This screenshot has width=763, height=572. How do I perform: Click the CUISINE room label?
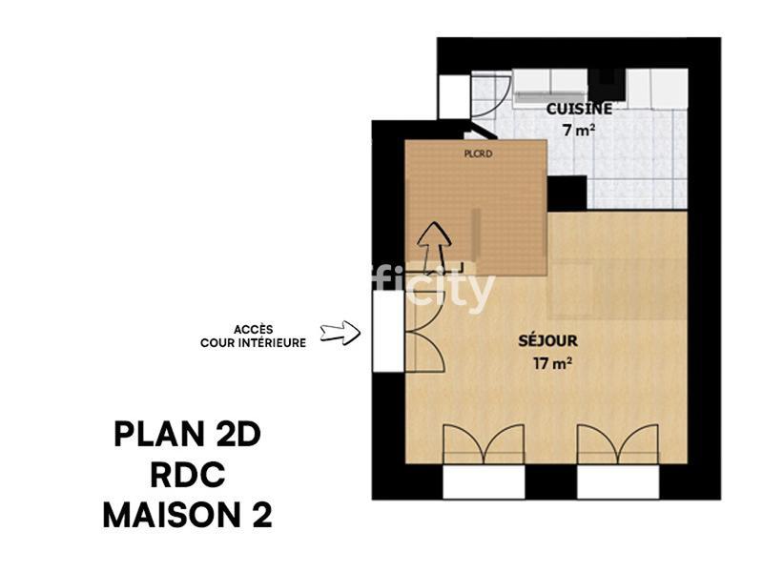pos(579,109)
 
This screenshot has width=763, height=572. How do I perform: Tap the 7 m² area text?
pos(579,131)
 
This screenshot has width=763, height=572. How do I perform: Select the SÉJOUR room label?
pos(547,339)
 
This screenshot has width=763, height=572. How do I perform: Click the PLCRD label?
pos(477,152)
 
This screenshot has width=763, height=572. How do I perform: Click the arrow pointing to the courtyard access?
pos(339,333)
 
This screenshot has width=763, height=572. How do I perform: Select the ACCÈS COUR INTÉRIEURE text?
pos(253,337)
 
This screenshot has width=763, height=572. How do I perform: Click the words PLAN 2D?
pos(187,435)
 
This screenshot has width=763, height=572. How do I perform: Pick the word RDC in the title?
pos(187,475)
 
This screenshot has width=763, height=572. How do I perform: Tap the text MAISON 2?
pos(187,516)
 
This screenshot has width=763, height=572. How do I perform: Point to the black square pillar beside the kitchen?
pos(567,194)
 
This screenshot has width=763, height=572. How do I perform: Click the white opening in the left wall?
pos(388,331)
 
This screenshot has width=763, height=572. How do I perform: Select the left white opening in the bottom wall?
pos(484,481)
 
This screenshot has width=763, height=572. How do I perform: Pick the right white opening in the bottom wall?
pos(618,481)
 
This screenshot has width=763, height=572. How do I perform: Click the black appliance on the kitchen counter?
pos(606,84)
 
